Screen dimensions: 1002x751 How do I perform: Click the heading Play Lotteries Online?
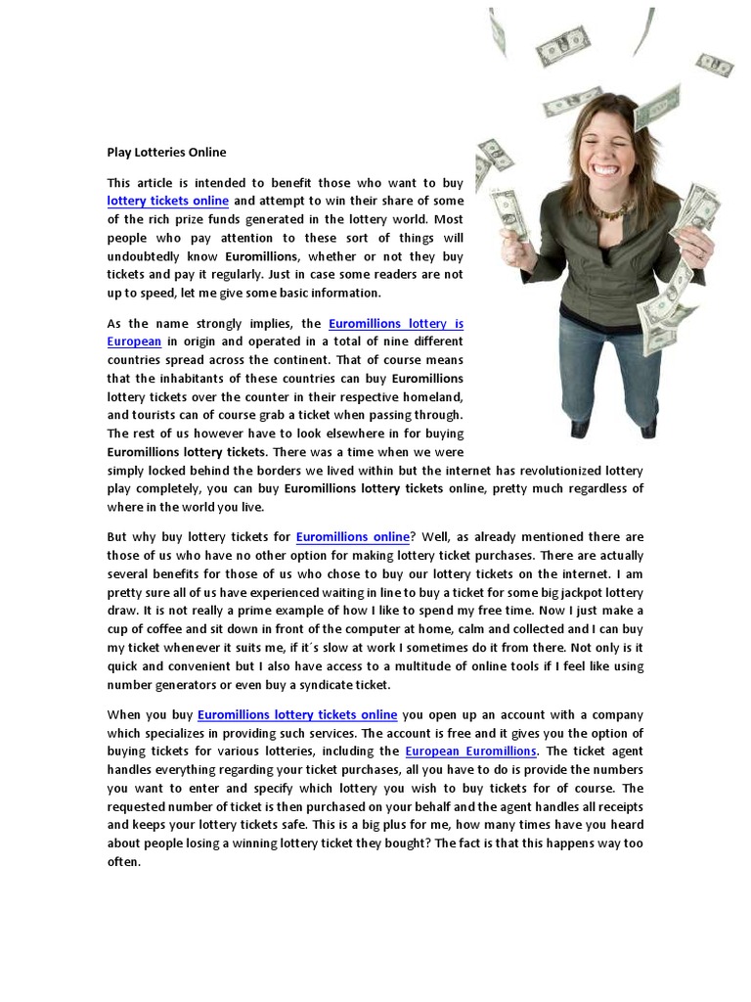coord(166,152)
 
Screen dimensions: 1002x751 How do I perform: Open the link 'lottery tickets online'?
coord(167,201)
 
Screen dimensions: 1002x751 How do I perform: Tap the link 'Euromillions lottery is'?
coord(396,323)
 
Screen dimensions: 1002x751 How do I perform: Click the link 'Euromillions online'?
coord(352,537)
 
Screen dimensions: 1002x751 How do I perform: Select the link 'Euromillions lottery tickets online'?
coord(297,715)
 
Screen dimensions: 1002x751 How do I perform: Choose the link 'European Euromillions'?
coord(470,751)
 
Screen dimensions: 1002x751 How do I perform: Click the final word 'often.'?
coord(124,863)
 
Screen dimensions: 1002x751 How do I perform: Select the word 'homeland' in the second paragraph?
coord(432,396)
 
